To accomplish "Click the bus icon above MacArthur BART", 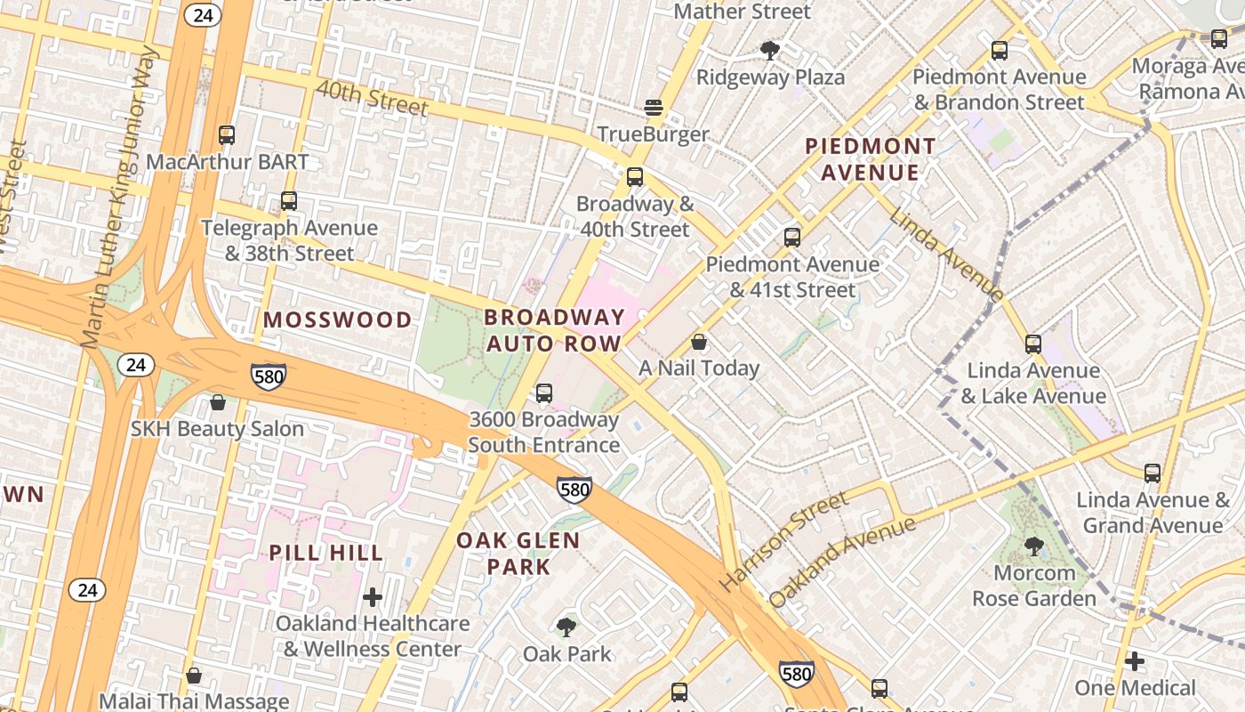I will (227, 135).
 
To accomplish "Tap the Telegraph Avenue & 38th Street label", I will (289, 240).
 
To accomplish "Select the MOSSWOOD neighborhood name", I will (338, 320).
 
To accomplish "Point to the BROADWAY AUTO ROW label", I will (554, 330).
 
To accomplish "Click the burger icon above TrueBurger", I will (654, 108).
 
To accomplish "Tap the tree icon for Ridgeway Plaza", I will (770, 51).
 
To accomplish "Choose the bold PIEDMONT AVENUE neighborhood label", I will (870, 158).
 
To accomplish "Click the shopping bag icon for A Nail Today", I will (699, 342).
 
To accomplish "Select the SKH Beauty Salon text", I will (217, 428).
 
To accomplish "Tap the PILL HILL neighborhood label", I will (326, 553).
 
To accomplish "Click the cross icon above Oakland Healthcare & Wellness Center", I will (373, 596).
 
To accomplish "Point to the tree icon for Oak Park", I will (566, 627).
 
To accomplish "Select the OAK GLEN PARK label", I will (518, 553).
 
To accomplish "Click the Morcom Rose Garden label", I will (1033, 586).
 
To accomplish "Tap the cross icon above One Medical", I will (1135, 661).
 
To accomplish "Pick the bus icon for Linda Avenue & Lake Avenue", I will (1032, 344).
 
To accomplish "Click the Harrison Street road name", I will (783, 542).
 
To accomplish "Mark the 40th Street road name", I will (372, 98).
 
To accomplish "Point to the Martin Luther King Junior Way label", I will (119, 198).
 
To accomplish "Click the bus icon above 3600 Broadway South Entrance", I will (544, 392).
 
